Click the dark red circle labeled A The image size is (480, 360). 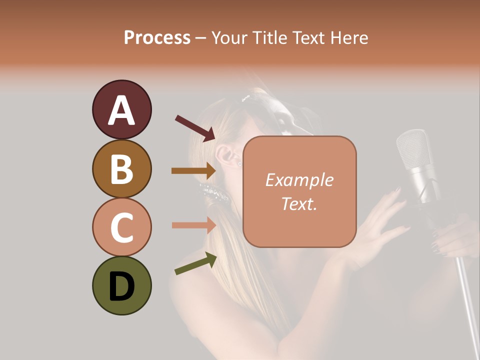coord(121,109)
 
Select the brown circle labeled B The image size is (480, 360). coord(121,168)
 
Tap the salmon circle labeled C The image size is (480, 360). coord(121,227)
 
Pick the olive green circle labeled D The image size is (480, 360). coord(121,285)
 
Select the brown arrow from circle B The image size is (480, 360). coord(193,170)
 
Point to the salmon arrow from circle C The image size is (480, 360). coord(193,225)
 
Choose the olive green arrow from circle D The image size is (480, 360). coord(195,263)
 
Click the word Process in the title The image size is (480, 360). coord(157,38)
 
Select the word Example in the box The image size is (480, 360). coord(299,180)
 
